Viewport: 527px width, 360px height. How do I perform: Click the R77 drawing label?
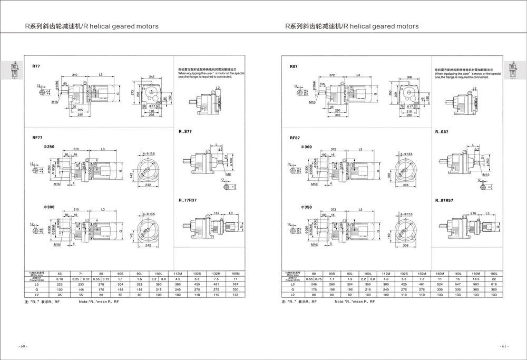pos(36,66)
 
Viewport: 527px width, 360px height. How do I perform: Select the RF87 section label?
pos(295,138)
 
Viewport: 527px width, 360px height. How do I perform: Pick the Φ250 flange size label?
pos(49,146)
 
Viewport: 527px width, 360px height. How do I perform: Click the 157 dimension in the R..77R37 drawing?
pos(216,212)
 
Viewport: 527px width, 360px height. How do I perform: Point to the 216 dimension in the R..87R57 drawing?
pos(473,212)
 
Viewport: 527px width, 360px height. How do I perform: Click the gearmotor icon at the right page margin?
pos(510,71)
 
